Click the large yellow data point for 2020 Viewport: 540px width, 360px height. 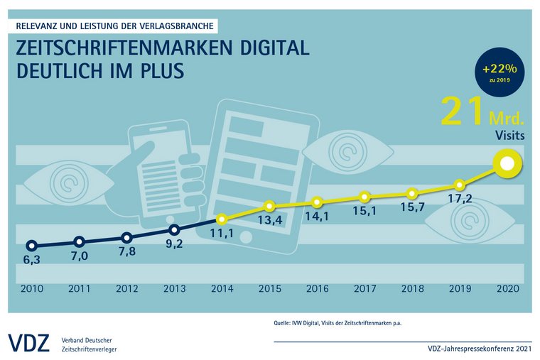click(507, 164)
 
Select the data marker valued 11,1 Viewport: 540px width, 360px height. click(222, 219)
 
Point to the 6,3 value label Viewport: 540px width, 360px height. click(32, 260)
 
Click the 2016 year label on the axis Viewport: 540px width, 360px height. click(317, 288)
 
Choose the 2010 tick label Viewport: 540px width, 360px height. click(32, 288)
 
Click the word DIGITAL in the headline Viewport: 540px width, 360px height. click(267, 49)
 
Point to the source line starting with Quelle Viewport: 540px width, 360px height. click(342, 323)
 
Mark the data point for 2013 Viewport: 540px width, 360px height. click(174, 230)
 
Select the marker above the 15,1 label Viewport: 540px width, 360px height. click(364, 197)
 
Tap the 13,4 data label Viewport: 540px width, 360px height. click(269, 222)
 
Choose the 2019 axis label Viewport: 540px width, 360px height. click(459, 288)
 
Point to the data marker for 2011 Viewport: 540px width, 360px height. click(79, 242)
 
